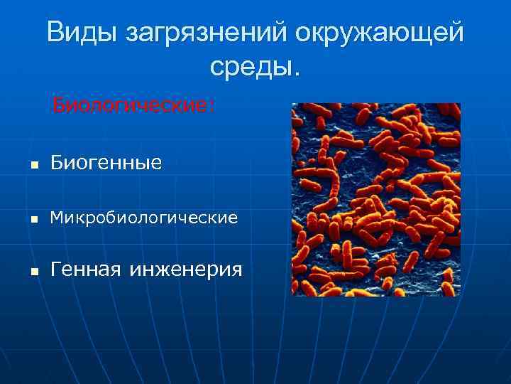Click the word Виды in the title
pos(79,33)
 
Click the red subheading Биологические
pos(132,107)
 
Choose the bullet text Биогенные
pos(106,164)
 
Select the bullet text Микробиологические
pos(144,218)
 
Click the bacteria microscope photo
pos(376,199)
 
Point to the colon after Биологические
pos(211,109)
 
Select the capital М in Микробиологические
pos(56,218)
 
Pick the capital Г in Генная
pos(56,270)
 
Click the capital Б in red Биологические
pos(59,107)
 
